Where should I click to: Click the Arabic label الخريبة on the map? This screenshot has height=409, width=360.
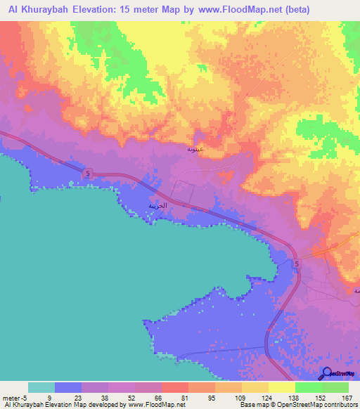[x=158, y=206]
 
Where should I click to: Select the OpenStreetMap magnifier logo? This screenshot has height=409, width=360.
[x=326, y=375]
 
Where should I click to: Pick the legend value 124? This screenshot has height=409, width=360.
[x=268, y=398]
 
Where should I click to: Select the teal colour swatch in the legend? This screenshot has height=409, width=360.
[x=41, y=387]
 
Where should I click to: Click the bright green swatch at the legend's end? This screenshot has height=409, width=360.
[x=335, y=387]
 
